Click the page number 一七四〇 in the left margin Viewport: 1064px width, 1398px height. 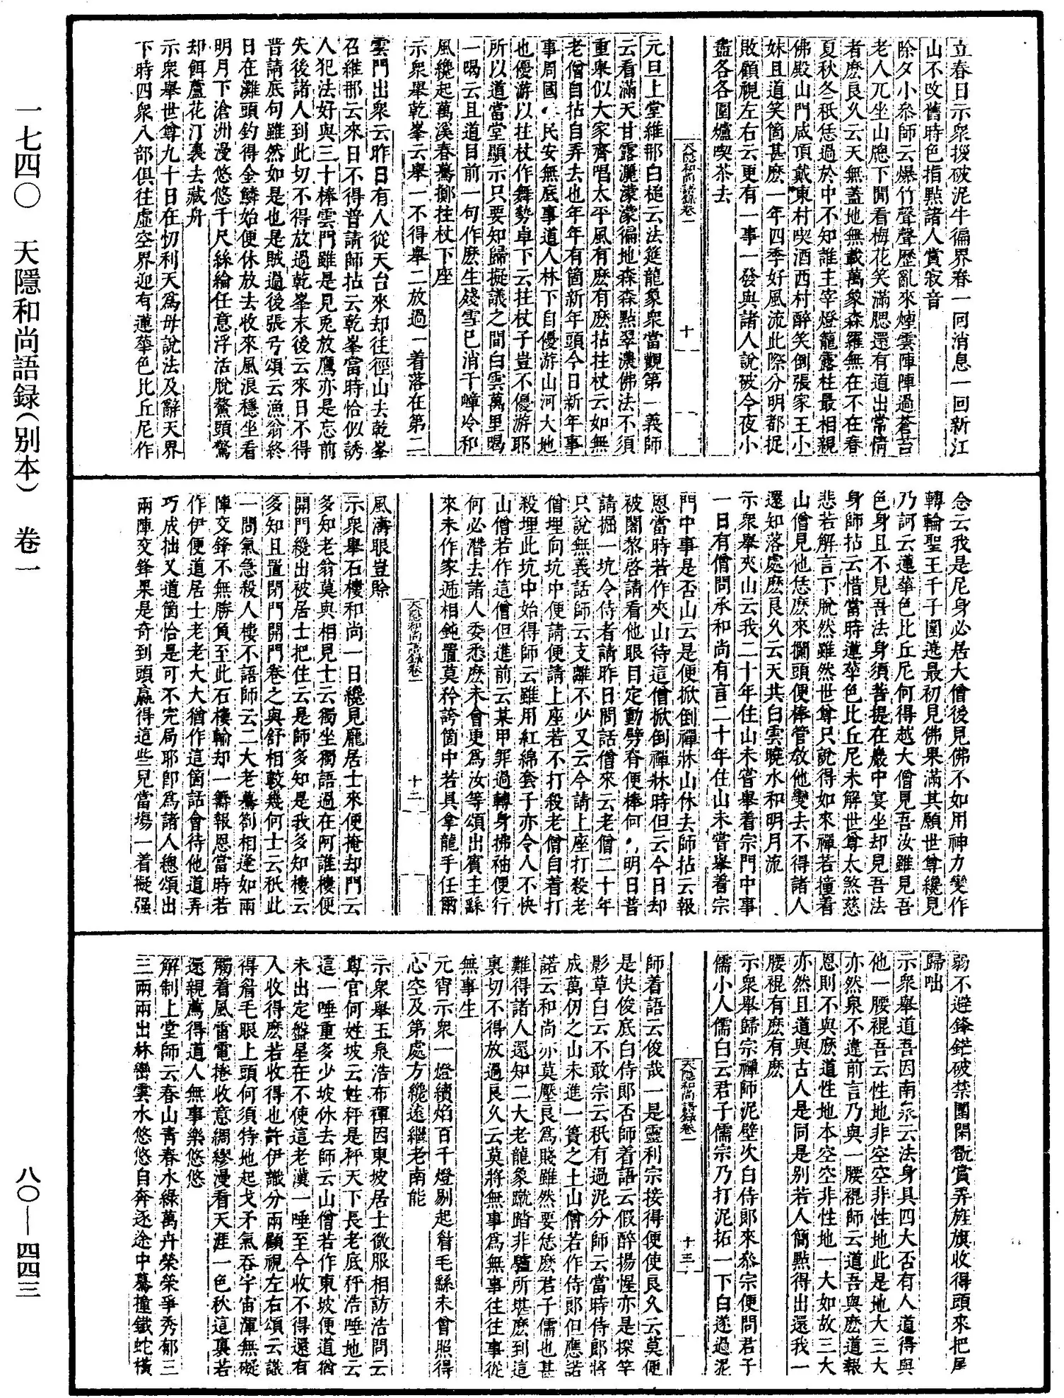29,163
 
